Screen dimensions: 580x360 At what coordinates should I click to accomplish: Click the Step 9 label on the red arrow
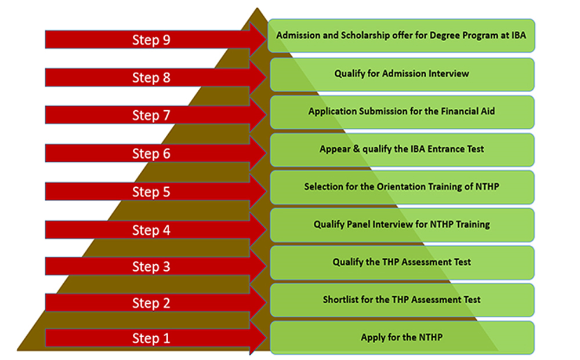coord(151,39)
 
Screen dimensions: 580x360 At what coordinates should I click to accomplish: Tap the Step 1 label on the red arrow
coord(151,338)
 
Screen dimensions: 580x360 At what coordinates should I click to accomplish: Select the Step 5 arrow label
coord(151,192)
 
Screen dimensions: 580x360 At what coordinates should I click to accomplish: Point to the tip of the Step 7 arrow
coord(266,115)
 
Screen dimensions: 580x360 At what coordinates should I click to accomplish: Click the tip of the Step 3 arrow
coord(266,266)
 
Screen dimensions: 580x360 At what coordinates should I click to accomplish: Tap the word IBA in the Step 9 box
coord(519,35)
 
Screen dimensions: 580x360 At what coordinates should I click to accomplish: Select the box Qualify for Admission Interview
coord(402,74)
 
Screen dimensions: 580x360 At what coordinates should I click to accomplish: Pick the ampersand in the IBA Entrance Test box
coord(356,148)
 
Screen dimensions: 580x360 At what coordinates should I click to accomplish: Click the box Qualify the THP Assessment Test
coord(402,263)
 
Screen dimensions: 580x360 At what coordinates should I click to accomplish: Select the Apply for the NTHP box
coord(402,338)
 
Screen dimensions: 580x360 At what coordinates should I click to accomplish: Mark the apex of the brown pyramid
coord(257,8)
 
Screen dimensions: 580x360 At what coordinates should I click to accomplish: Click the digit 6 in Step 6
coord(166,154)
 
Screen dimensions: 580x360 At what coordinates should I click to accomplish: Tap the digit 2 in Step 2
coord(166,303)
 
